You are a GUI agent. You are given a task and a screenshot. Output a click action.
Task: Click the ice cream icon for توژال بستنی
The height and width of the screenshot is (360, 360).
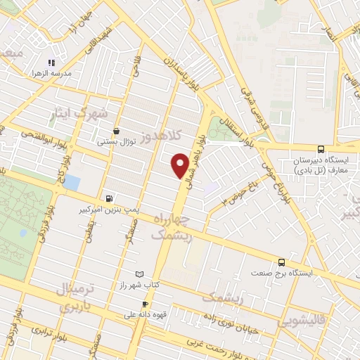coord(116,131)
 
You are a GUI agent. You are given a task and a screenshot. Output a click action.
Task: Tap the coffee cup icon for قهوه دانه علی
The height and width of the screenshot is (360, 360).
coord(144,304)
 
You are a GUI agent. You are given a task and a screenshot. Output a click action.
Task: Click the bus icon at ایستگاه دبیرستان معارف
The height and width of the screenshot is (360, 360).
coord(321,148)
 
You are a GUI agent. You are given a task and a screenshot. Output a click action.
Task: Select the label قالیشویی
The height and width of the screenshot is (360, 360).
coord(302,322)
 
